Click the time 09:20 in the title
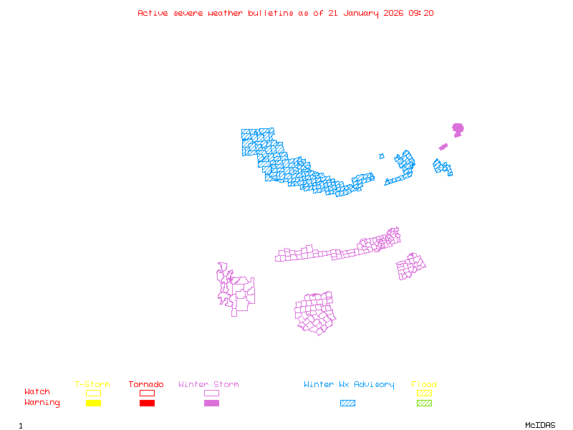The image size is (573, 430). pos(420,13)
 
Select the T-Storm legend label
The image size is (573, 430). pos(92,385)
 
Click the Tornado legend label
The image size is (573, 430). pos(146,385)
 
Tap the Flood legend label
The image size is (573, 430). pos(424,385)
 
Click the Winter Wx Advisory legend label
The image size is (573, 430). pos(349,385)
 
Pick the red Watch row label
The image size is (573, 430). pos(37,392)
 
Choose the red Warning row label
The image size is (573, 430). pos(42,403)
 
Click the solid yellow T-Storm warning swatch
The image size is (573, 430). pos(93,403)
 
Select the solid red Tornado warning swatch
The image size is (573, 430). pos(147,403)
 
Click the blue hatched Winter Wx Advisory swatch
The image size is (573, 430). pos(348,403)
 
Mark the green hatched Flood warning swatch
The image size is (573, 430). pos(424,403)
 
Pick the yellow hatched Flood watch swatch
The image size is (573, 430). pos(424,393)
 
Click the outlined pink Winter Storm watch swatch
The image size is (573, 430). pos(211,393)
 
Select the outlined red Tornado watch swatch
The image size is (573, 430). pos(147,393)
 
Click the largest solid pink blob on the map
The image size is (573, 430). pos(458,129)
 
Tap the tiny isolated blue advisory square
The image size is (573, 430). pos(382,156)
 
